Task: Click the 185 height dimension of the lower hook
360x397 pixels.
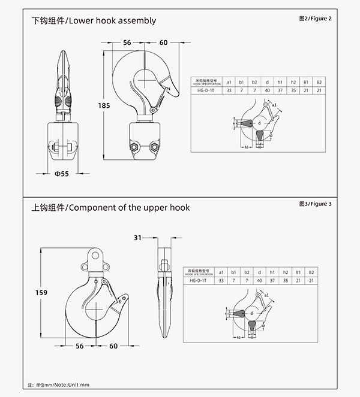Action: pos(104,105)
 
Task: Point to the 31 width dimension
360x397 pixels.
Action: pos(137,238)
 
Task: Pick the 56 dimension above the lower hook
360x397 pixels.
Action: pos(127,43)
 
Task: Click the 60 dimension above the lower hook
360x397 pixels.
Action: pos(164,43)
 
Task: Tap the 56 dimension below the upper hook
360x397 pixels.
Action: pos(96,346)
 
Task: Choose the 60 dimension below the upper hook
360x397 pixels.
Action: pos(130,346)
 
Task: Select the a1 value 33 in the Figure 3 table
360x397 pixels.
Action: pos(221,280)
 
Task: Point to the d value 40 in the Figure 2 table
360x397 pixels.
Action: pos(267,90)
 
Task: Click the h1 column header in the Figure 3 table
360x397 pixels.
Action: pos(272,271)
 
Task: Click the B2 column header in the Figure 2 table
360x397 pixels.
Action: pos(319,81)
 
